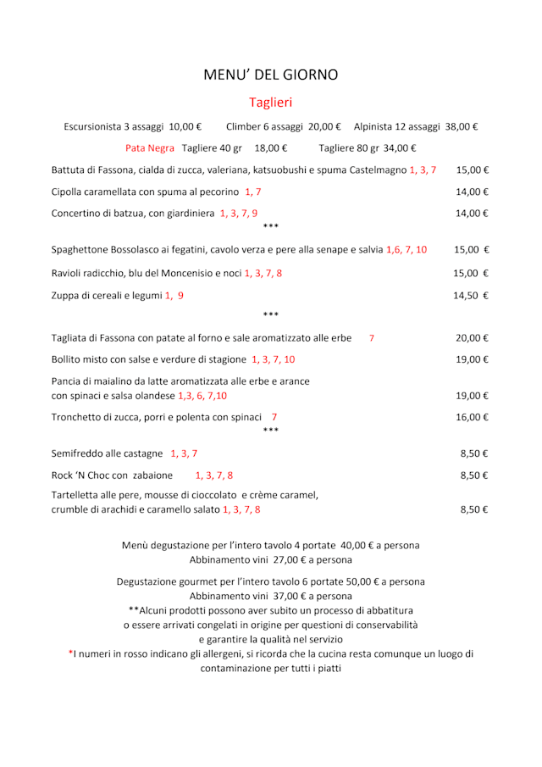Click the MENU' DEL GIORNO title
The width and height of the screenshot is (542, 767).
click(270, 75)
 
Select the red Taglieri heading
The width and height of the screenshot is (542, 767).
click(270, 103)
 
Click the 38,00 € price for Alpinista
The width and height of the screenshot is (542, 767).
click(462, 127)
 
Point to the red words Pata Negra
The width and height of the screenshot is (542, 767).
click(150, 148)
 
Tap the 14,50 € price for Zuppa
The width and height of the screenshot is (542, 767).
click(471, 296)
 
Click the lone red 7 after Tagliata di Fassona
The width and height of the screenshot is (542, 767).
click(372, 338)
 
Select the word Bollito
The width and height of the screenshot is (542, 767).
click(67, 359)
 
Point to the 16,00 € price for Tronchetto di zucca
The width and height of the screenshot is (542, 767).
click(473, 417)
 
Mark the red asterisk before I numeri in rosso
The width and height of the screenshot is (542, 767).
click(71, 653)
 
